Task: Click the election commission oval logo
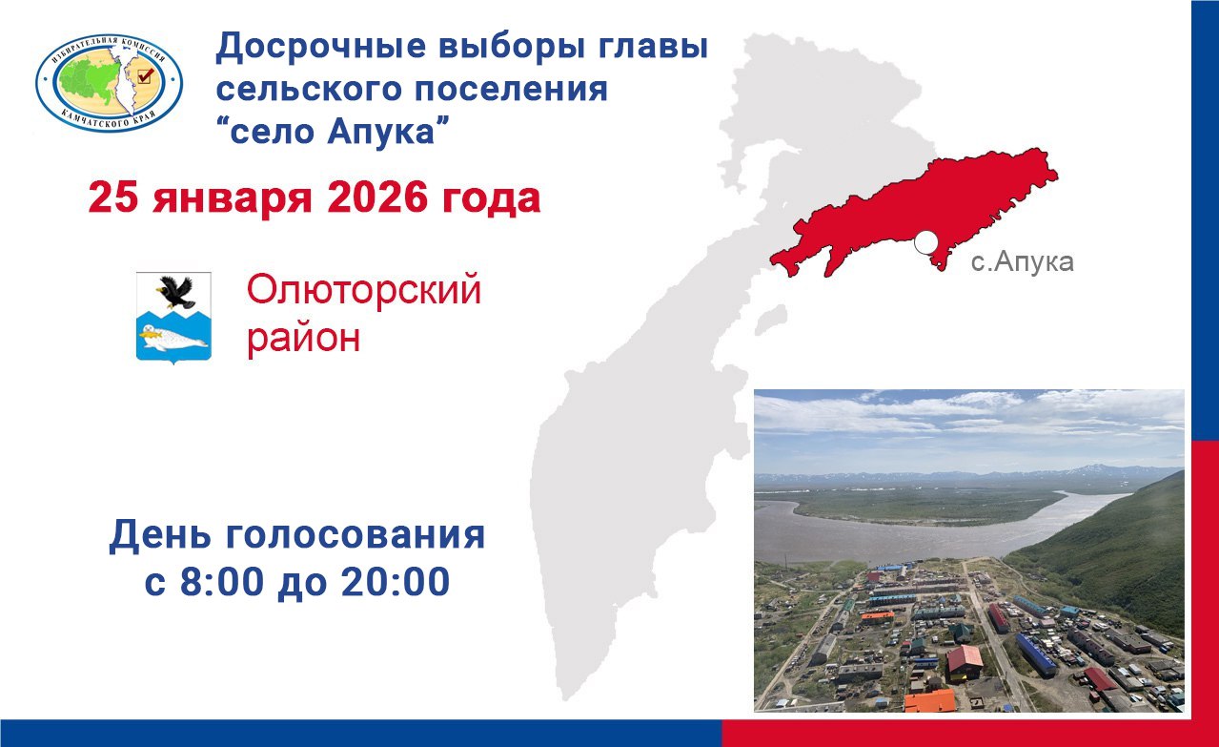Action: [x=109, y=83]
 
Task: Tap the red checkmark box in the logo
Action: [x=145, y=75]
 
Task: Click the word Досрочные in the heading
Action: [x=321, y=47]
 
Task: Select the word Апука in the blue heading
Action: [x=381, y=132]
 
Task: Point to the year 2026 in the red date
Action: [x=377, y=197]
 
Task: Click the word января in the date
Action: [x=233, y=200]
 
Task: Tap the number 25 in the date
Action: [x=113, y=197]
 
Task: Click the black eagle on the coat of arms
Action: [x=175, y=292]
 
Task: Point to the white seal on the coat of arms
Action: [x=174, y=337]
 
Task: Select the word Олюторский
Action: [x=363, y=290]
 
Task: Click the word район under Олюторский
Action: [x=304, y=338]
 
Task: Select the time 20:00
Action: [x=396, y=582]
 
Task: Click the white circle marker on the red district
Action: [x=925, y=243]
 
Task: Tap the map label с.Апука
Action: [x=1022, y=262]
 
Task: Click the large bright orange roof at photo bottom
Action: [x=930, y=701]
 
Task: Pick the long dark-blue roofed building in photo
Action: [x=1036, y=655]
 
